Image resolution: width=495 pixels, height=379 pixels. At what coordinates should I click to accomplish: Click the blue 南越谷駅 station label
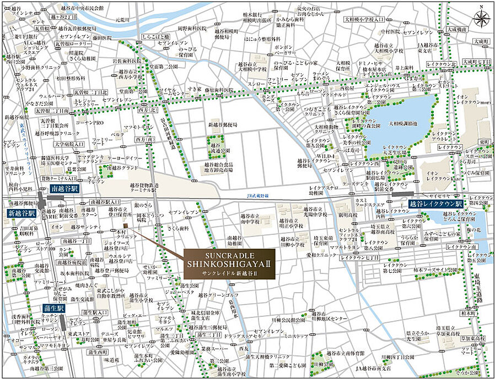pyautogui.click(x=65, y=189)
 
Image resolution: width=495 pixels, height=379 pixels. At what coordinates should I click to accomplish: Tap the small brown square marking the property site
pyautogui.click(x=125, y=226)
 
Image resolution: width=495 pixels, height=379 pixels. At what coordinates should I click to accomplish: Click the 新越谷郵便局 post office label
pyautogui.click(x=222, y=125)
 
